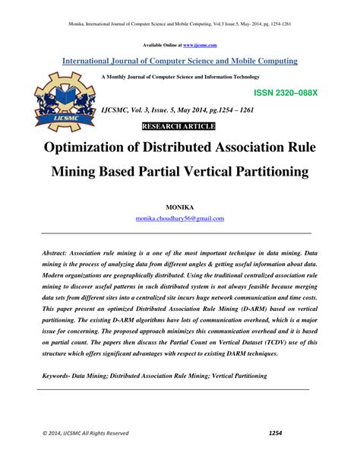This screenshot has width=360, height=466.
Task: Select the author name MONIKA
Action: pos(180,206)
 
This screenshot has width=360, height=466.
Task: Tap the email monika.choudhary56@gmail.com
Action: pos(180,218)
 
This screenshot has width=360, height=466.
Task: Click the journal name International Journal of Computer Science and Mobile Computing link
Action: pos(180,61)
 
